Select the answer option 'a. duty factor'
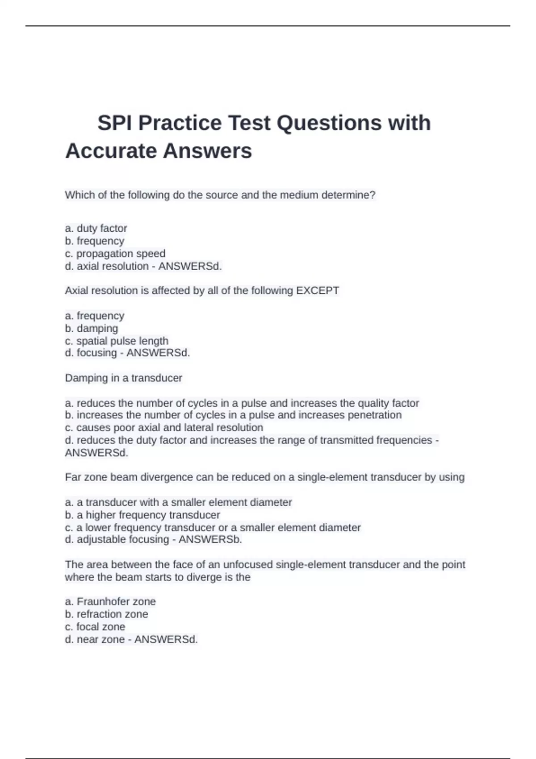pos(96,228)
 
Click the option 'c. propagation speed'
pos(115,253)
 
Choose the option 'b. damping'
pos(92,328)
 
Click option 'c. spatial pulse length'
pos(117,341)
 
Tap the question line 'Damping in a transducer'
pos(123,378)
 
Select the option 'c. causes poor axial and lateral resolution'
pos(164,427)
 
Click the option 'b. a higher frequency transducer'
pos(142,515)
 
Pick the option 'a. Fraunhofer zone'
pos(110,601)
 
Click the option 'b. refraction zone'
pos(106,614)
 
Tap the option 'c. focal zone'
pos(95,626)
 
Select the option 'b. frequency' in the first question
pos(95,241)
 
